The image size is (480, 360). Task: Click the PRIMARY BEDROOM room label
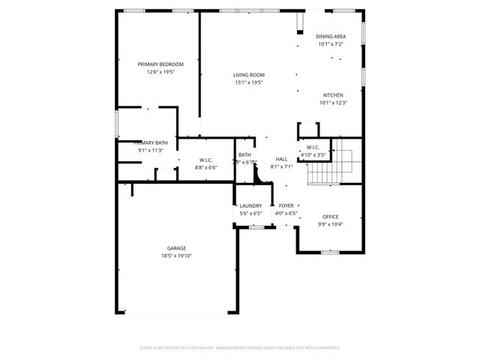click(160, 64)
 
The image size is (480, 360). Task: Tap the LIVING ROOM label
click(248, 75)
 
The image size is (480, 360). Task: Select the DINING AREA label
click(331, 36)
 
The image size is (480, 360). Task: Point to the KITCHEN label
click(333, 95)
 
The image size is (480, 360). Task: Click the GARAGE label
click(176, 248)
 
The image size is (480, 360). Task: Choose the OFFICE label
click(331, 217)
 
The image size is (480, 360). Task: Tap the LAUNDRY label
click(250, 205)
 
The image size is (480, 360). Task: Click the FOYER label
click(286, 205)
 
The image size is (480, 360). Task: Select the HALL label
click(282, 159)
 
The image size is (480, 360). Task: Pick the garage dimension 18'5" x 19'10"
click(176, 256)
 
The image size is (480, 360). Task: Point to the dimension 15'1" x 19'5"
click(248, 83)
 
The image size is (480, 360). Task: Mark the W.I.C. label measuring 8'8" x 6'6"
click(205, 160)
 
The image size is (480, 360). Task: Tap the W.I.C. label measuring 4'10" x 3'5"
click(313, 147)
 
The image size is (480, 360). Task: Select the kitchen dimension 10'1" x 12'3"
click(333, 103)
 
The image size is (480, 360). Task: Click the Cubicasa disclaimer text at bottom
click(240, 348)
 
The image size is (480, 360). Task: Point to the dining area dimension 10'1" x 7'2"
click(331, 44)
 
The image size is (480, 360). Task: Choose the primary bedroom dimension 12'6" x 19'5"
click(160, 73)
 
